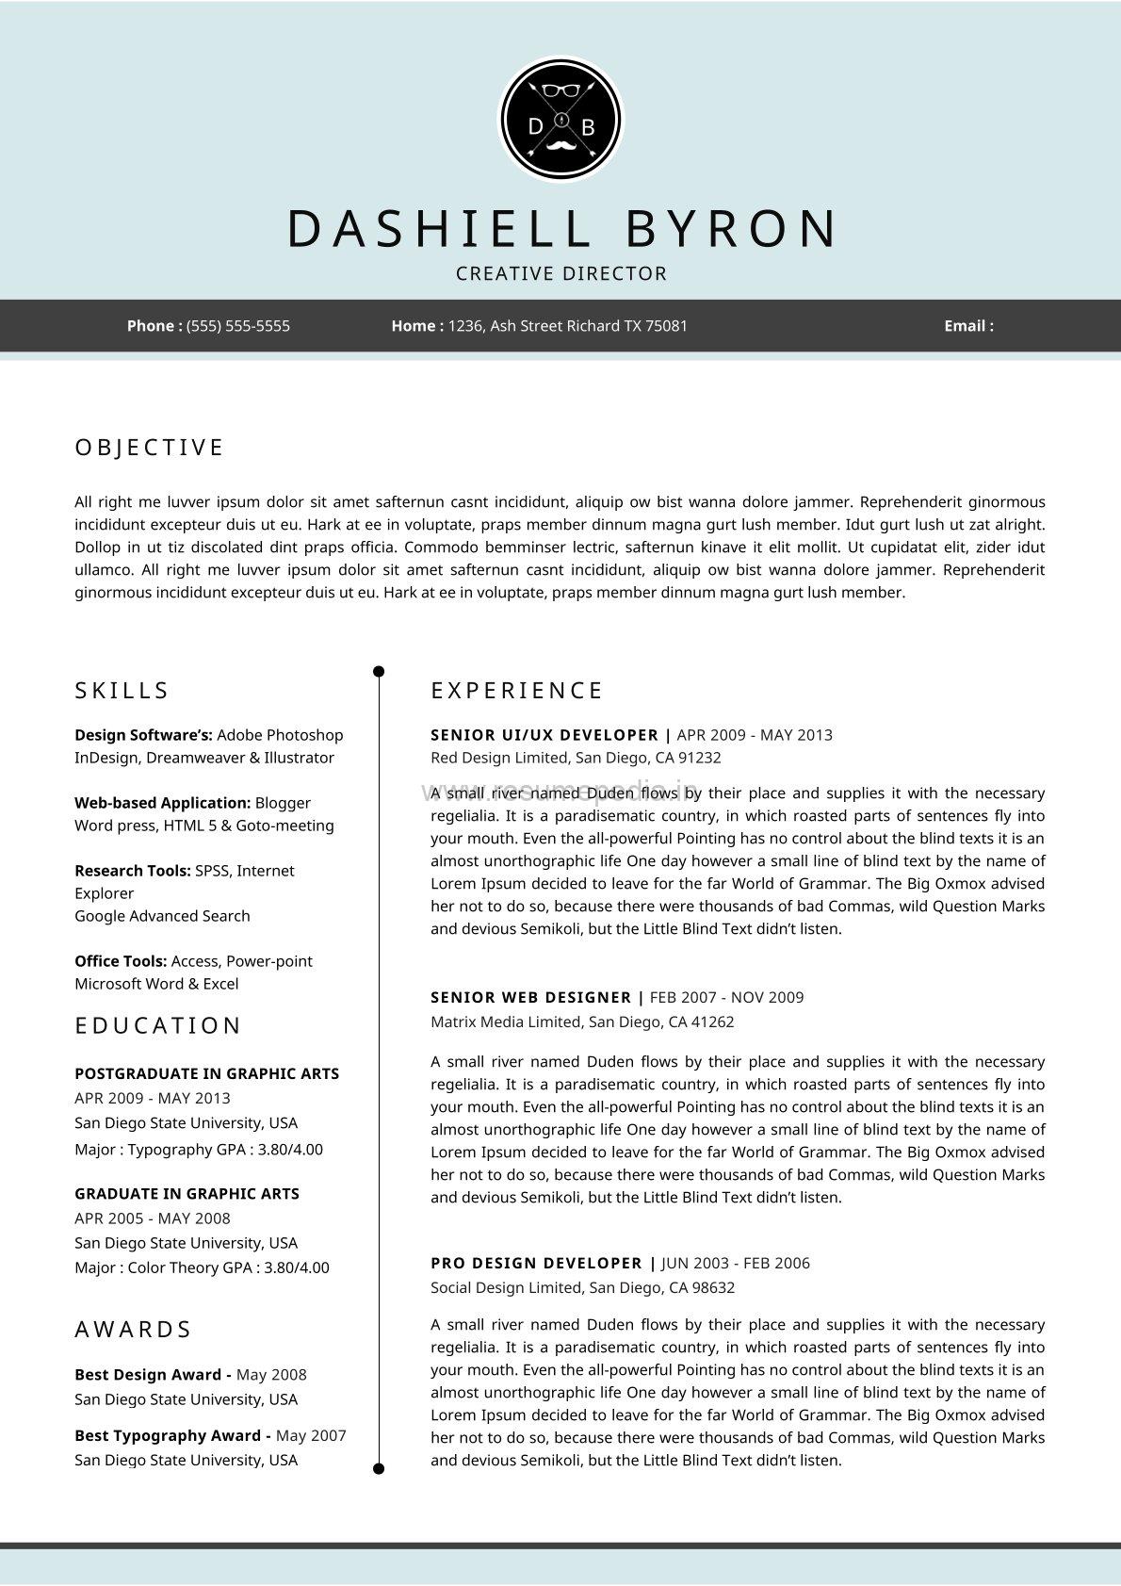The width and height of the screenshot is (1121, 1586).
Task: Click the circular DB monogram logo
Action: pyautogui.click(x=560, y=121)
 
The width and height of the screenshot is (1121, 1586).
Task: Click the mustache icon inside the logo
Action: pyautogui.click(x=560, y=146)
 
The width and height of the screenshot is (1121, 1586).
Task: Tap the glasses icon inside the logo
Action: pyautogui.click(x=560, y=90)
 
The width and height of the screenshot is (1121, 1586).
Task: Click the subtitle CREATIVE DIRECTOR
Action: pyautogui.click(x=561, y=274)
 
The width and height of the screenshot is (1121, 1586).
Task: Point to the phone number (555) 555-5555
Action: pyautogui.click(x=238, y=326)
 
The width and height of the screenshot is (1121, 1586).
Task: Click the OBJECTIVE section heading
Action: pyautogui.click(x=149, y=448)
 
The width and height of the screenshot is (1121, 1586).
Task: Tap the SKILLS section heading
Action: pyautogui.click(x=122, y=691)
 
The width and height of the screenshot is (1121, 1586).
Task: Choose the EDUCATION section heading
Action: pyautogui.click(x=158, y=1025)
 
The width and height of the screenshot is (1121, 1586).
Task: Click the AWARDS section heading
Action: pyautogui.click(x=133, y=1330)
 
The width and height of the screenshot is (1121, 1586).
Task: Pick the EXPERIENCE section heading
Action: pyautogui.click(x=516, y=691)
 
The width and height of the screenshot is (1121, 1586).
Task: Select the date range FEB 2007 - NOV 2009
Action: pyautogui.click(x=726, y=997)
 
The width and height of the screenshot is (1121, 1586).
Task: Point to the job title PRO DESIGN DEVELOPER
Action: pyautogui.click(x=536, y=1263)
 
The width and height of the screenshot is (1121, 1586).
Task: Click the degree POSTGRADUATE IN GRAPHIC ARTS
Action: pyautogui.click(x=206, y=1073)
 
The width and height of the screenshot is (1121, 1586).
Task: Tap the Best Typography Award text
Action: pyautogui.click(x=168, y=1435)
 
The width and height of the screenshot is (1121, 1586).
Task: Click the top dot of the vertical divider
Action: pyautogui.click(x=379, y=672)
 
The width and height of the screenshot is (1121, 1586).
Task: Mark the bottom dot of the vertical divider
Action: pyautogui.click(x=379, y=1468)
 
